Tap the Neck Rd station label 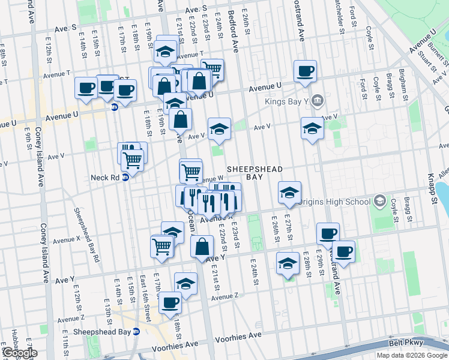tap(105, 178)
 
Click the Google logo tap(19, 353)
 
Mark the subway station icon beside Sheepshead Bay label tap(136, 331)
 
